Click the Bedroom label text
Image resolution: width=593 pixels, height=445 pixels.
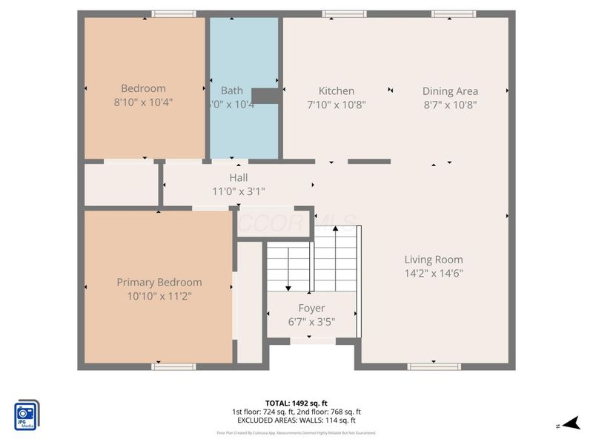coord(144,89)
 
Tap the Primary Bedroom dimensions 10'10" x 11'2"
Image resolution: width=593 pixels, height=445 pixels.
coord(159,296)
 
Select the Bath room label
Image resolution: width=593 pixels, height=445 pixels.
coord(232,90)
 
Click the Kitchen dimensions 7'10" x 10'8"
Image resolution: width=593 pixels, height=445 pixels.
coord(337,105)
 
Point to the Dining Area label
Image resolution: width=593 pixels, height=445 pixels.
coord(450,90)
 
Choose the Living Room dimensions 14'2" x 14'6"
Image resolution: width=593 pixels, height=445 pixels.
coord(434,273)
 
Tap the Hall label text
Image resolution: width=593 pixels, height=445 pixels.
coord(239,177)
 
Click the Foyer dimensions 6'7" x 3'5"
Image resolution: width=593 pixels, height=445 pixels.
coord(311,322)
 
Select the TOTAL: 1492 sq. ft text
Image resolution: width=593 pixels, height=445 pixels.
coord(296,403)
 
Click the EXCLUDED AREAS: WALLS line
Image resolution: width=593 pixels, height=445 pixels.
coord(296,420)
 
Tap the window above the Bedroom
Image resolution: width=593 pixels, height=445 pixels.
coord(174,13)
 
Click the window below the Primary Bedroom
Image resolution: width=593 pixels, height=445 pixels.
coord(174,366)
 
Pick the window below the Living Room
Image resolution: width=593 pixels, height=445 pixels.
coord(429,366)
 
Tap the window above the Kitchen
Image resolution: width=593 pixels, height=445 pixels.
coord(345,13)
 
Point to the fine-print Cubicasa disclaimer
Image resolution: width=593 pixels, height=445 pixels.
coord(296,432)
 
